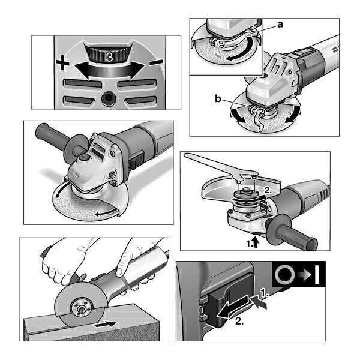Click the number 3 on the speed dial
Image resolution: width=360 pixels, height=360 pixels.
click(x=110, y=58)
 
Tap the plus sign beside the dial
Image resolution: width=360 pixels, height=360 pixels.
click(x=62, y=63)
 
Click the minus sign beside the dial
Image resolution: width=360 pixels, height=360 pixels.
click(x=156, y=62)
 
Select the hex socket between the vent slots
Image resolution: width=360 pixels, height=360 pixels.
click(x=109, y=99)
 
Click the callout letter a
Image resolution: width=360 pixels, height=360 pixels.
click(x=280, y=25)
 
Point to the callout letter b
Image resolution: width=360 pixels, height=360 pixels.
click(x=218, y=99)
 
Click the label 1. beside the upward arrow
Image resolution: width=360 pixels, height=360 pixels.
click(x=250, y=244)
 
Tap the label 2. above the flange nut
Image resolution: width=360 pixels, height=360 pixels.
click(x=269, y=190)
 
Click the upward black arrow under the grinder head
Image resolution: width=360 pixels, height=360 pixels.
click(x=256, y=243)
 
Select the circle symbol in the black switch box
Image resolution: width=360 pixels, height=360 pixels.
click(x=284, y=274)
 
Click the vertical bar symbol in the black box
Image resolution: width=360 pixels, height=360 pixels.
click(x=317, y=275)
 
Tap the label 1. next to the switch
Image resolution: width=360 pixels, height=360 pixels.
click(x=264, y=293)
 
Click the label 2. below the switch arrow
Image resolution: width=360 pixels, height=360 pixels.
click(x=239, y=321)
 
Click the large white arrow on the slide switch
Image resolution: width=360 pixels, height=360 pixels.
click(x=233, y=307)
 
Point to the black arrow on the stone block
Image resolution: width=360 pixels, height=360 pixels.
click(x=106, y=324)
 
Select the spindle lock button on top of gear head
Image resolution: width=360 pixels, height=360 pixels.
click(x=83, y=158)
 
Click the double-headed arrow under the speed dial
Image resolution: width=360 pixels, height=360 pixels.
click(x=110, y=70)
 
